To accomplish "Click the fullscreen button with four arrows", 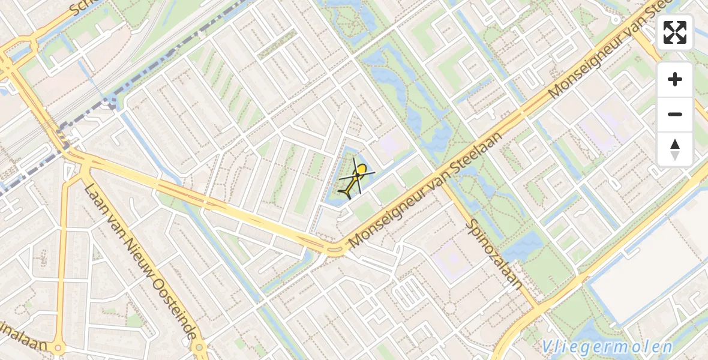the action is click(x=675, y=32).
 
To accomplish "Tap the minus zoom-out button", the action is click(x=675, y=114).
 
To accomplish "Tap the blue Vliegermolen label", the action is click(x=607, y=347).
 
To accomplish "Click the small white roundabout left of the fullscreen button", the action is click(x=616, y=20).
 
